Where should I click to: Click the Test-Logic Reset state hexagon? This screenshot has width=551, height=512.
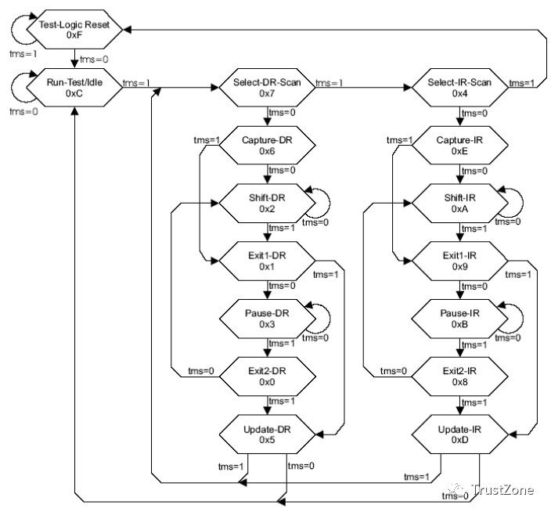[x=74, y=30]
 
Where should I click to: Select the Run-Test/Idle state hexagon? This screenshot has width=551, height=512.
[x=74, y=88]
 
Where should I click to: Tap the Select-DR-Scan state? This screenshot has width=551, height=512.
[x=267, y=88]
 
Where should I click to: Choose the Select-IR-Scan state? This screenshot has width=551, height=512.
[x=459, y=88]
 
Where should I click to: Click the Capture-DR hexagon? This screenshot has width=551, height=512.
[x=267, y=145]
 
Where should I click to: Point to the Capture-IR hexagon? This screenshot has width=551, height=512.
[x=459, y=145]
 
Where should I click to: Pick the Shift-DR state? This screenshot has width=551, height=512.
[x=267, y=203]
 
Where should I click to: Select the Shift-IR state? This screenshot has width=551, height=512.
[x=459, y=203]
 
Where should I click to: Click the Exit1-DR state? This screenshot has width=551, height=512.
[x=267, y=261]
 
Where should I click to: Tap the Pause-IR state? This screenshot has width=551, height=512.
[x=459, y=319]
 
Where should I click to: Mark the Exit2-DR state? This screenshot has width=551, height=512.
[x=267, y=377]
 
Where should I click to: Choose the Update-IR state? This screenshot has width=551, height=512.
[x=459, y=434]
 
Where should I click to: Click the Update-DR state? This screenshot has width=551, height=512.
[x=267, y=434]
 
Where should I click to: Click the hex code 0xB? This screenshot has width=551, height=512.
[x=459, y=324]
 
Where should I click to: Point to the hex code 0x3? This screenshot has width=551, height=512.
[x=267, y=324]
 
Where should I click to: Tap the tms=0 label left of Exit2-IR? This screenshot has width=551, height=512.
[x=394, y=371]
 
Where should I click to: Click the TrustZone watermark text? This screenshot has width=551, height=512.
[x=502, y=489]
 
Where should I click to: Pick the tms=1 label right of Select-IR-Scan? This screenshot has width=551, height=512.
[x=522, y=83]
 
